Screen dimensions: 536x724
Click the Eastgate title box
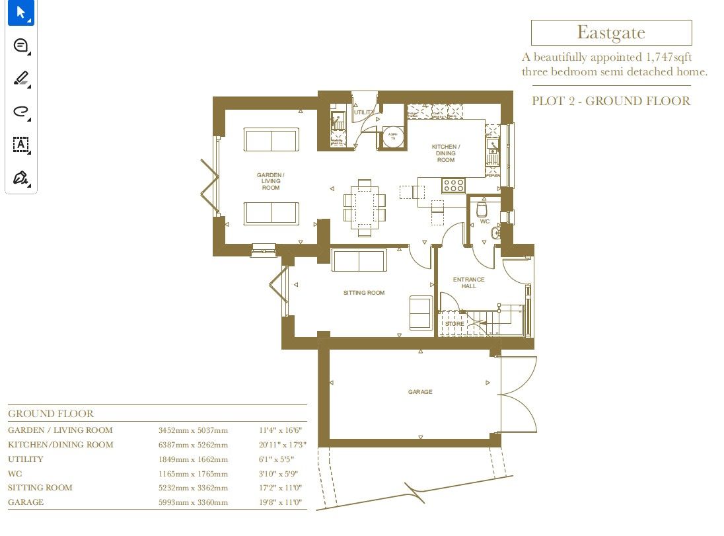pos(611,32)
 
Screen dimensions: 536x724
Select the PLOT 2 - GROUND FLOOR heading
pos(611,101)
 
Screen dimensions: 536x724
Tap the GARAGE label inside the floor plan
pos(420,392)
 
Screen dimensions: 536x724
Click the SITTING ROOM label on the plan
pos(363,293)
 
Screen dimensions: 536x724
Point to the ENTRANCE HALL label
pos(468,283)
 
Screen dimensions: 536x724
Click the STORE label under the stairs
pos(454,324)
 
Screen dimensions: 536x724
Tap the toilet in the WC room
pos(482,210)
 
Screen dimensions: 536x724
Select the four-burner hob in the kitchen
pos(453,186)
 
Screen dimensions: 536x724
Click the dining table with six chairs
pos(365,206)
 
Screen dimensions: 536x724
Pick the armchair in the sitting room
pos(421,313)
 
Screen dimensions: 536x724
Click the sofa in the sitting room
pos(359,261)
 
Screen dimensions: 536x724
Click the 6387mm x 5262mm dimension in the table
pos(193,445)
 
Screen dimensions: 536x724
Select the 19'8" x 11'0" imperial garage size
pos(280,502)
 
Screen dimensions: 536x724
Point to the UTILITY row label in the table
pos(26,459)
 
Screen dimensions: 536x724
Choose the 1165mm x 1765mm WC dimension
pos(193,474)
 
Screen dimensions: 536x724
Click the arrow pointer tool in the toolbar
pos(20,13)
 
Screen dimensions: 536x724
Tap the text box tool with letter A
pos(20,145)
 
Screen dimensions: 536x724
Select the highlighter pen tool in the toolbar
pos(20,79)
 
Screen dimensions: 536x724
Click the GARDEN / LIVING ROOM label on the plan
pos(271,182)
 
